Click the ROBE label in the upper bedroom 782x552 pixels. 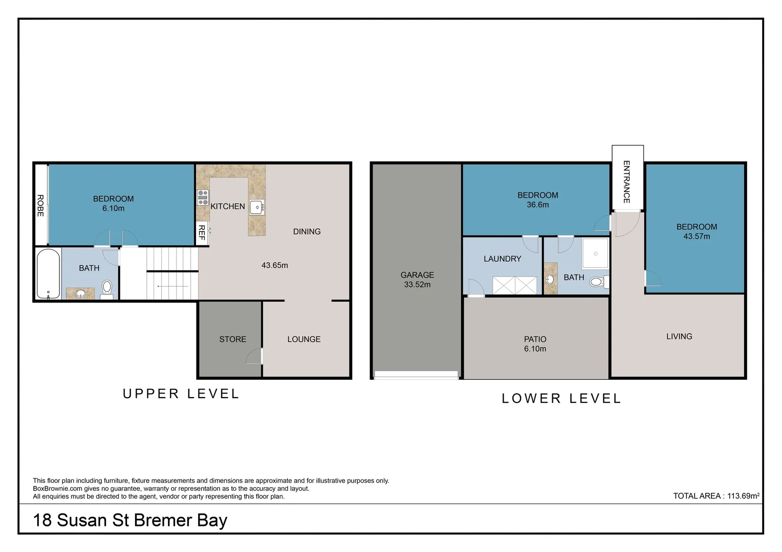(40, 205)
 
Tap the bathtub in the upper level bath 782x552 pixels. (49, 274)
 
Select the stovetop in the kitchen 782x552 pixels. (203, 198)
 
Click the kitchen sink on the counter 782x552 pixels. (257, 207)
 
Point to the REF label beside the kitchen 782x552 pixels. (202, 232)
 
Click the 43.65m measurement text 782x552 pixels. (275, 265)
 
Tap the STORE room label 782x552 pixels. (232, 339)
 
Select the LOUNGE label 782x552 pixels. (303, 339)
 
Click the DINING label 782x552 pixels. (307, 232)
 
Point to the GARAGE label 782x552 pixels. (417, 275)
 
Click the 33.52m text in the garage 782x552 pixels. (417, 285)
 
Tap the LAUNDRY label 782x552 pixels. (503, 259)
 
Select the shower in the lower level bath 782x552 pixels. (595, 254)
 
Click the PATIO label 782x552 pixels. (535, 339)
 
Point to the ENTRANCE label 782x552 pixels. (626, 181)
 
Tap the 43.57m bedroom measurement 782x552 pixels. (697, 237)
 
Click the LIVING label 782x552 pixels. (679, 336)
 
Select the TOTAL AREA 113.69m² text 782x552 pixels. (716, 495)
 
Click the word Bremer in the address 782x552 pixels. (163, 520)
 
